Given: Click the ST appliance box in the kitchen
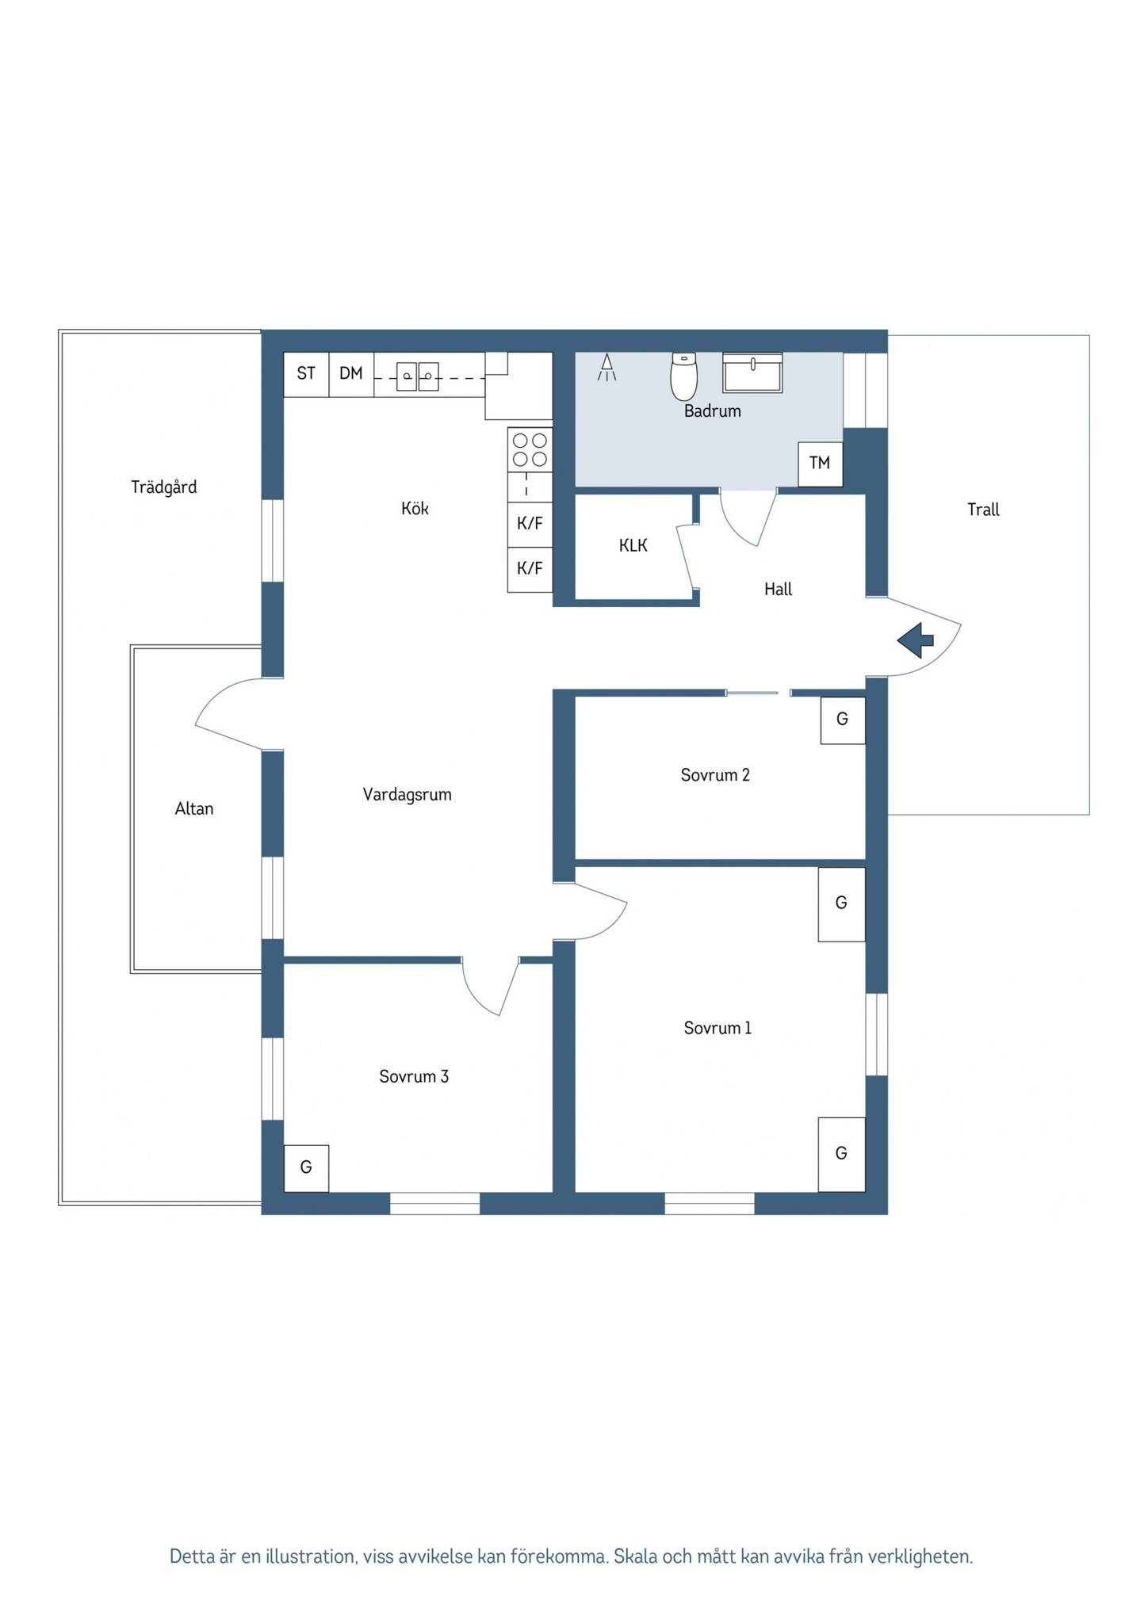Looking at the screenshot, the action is click(x=306, y=374).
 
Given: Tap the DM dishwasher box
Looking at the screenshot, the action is click(x=351, y=374).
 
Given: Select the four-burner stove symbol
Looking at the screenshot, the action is click(x=530, y=449).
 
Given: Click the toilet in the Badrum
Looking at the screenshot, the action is click(x=683, y=376).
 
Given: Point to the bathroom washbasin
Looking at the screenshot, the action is click(x=752, y=372).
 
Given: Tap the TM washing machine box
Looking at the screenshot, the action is click(x=820, y=464).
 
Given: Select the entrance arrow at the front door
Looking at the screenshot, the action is click(x=915, y=640).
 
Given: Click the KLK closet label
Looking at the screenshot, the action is click(x=633, y=545).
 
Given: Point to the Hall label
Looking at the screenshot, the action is click(x=778, y=589).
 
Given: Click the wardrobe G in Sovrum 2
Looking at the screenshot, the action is click(x=842, y=720).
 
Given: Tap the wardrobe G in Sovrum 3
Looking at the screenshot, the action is click(x=306, y=1168).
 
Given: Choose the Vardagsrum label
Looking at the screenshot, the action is click(x=408, y=795).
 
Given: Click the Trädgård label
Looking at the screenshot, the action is click(x=164, y=487).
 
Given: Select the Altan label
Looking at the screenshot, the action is click(x=194, y=808).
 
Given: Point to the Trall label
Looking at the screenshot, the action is click(x=983, y=510).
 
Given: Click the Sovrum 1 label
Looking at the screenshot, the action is click(x=717, y=1028).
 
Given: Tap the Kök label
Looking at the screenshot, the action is click(x=415, y=508).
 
